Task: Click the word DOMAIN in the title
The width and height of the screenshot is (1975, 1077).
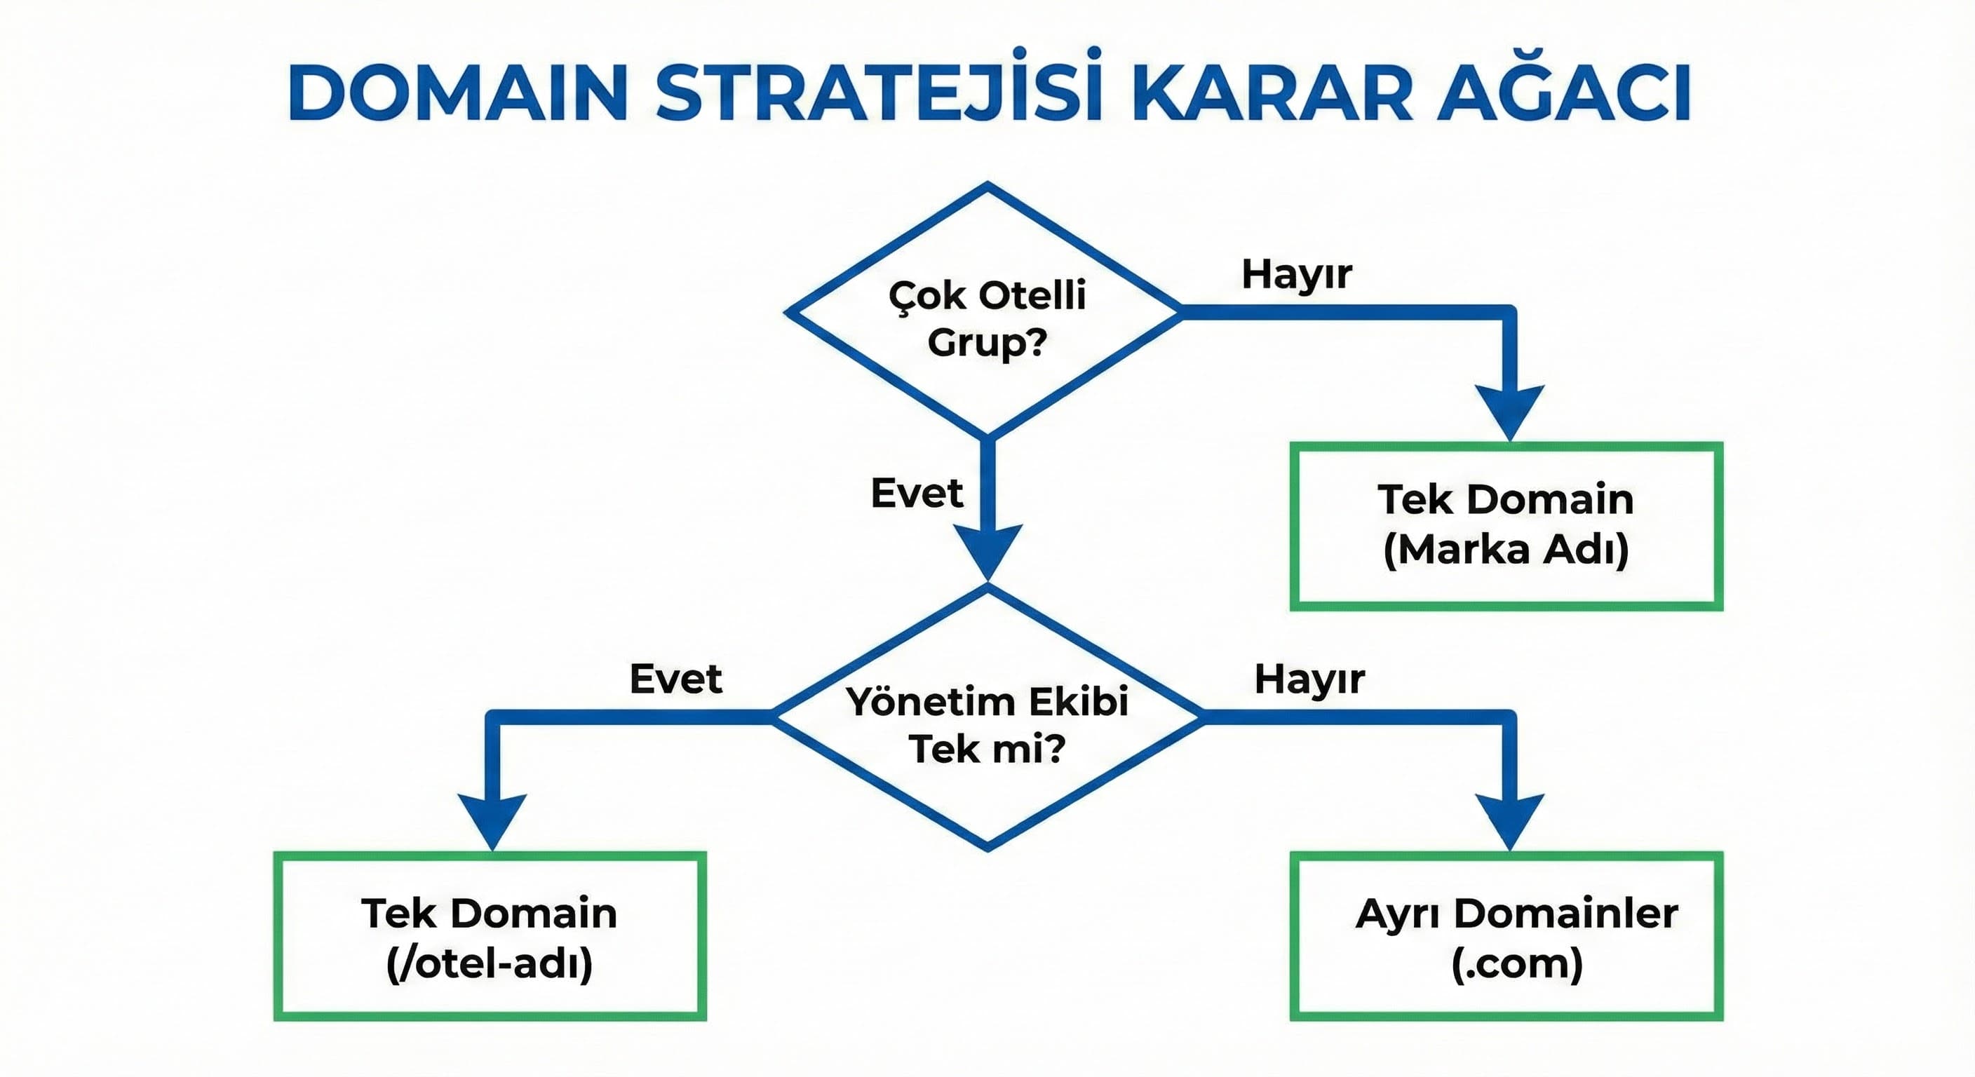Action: point(458,93)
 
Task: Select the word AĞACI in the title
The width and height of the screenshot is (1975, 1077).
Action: point(1564,93)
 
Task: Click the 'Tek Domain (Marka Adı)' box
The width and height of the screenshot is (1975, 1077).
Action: point(1506,526)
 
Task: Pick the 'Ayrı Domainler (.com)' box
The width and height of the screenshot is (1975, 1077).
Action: point(1506,936)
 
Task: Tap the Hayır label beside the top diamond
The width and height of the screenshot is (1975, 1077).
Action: point(1297,274)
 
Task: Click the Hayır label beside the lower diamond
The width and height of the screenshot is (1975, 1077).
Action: point(1309,679)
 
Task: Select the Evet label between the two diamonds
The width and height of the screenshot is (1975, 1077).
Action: point(916,493)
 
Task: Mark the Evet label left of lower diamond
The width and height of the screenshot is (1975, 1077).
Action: point(675,679)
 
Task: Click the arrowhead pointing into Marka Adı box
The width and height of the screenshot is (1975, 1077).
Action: point(1509,410)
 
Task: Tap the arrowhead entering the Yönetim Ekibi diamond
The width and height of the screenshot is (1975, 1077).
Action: point(987,550)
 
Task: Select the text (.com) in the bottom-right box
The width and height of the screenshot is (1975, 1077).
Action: point(1516,963)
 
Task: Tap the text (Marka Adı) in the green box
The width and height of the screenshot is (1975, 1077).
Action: point(1506,550)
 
